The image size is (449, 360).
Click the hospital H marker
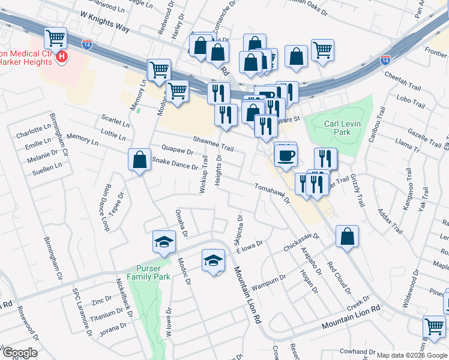click(x=61, y=58)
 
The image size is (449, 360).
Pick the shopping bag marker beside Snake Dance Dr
click(x=139, y=160)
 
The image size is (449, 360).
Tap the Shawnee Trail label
click(x=213, y=143)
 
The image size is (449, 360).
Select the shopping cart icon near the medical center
click(x=56, y=38)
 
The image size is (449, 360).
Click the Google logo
click(x=20, y=353)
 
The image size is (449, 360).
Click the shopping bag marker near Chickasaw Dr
click(x=348, y=236)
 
